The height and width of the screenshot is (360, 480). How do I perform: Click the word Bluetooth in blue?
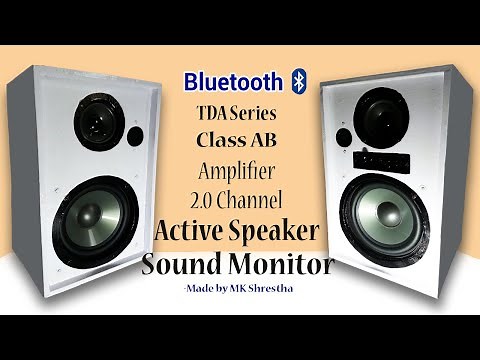pyautogui.click(x=233, y=80)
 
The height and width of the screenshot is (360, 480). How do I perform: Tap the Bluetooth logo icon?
pyautogui.click(x=297, y=80)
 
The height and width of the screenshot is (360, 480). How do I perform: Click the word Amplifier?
pyautogui.click(x=239, y=169)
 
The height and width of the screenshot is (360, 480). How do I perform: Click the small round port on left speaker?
pyautogui.click(x=136, y=136)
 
